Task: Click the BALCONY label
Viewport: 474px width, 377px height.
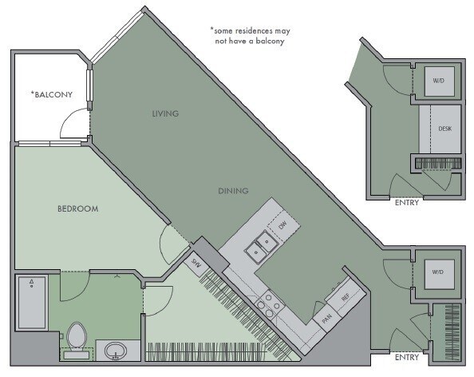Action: [53, 94]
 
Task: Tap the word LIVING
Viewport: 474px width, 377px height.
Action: [165, 113]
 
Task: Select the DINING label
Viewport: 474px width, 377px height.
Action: [233, 191]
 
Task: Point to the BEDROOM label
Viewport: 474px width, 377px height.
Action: [77, 209]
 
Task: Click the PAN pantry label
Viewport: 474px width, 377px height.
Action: [326, 317]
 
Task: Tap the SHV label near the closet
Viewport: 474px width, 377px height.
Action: [195, 260]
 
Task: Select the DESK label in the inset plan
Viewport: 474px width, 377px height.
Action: [445, 129]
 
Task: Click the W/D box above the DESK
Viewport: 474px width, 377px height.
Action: [439, 81]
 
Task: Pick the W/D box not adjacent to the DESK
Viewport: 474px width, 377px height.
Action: [437, 272]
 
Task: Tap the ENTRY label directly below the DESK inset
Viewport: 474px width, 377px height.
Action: [406, 202]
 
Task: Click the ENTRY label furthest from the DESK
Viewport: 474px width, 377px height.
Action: [406, 357]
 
